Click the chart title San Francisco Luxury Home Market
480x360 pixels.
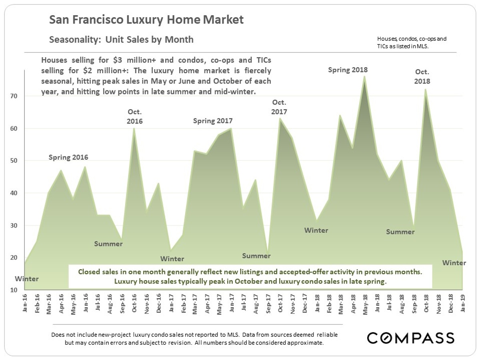point(146,20)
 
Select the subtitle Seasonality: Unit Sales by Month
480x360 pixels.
point(121,40)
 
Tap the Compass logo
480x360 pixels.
point(411,338)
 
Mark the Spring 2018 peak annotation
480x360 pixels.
point(348,70)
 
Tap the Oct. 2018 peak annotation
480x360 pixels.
point(422,76)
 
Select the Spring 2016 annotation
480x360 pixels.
point(68,157)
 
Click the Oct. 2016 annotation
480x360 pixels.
point(135,116)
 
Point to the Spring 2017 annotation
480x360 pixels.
point(213,121)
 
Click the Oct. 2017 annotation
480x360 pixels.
point(279,108)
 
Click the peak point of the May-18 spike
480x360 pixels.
point(365,77)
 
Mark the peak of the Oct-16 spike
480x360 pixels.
point(134,128)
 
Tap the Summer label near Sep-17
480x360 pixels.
point(256,256)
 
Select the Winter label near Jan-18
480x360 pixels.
point(316,230)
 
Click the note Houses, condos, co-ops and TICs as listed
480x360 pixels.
point(412,43)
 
